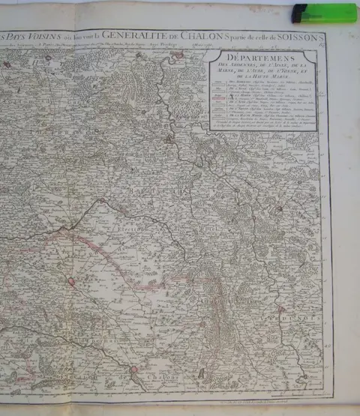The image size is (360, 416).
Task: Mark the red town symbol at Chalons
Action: [x=135, y=369]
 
